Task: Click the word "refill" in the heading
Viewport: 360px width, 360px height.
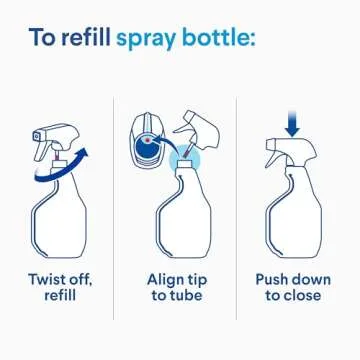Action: click(85, 37)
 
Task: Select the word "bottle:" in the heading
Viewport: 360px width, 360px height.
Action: click(219, 37)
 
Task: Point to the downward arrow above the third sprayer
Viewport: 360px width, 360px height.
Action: click(292, 124)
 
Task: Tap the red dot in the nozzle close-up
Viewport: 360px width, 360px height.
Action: click(147, 140)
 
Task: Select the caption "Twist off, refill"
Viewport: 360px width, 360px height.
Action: click(60, 287)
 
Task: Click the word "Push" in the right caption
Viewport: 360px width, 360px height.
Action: click(271, 279)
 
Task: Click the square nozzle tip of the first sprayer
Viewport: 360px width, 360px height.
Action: click(37, 136)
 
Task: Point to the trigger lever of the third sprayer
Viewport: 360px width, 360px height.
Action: click(272, 158)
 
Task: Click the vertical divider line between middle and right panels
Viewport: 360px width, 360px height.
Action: click(236, 208)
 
